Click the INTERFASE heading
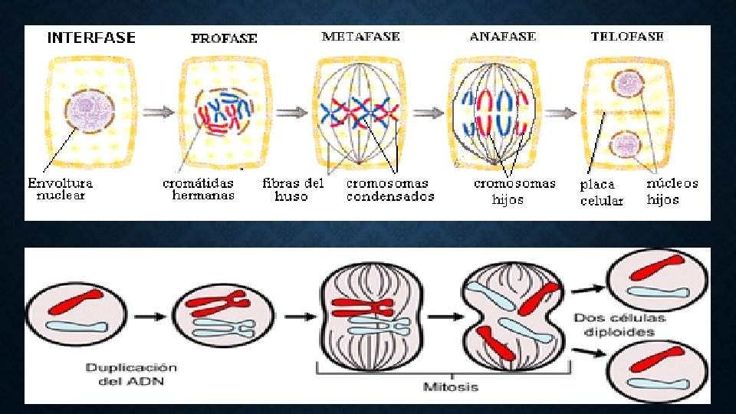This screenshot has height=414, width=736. pos(91,38)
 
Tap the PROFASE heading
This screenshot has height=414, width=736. pos(224,38)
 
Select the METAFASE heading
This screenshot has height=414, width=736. pos(360,36)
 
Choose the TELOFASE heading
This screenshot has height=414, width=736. pos(627,36)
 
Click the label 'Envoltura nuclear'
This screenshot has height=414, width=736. pos(61,189)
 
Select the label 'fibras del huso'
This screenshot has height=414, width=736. pos(293,189)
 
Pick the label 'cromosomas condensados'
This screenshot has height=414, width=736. pos(389,189)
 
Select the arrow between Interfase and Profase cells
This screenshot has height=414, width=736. pos(157,112)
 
